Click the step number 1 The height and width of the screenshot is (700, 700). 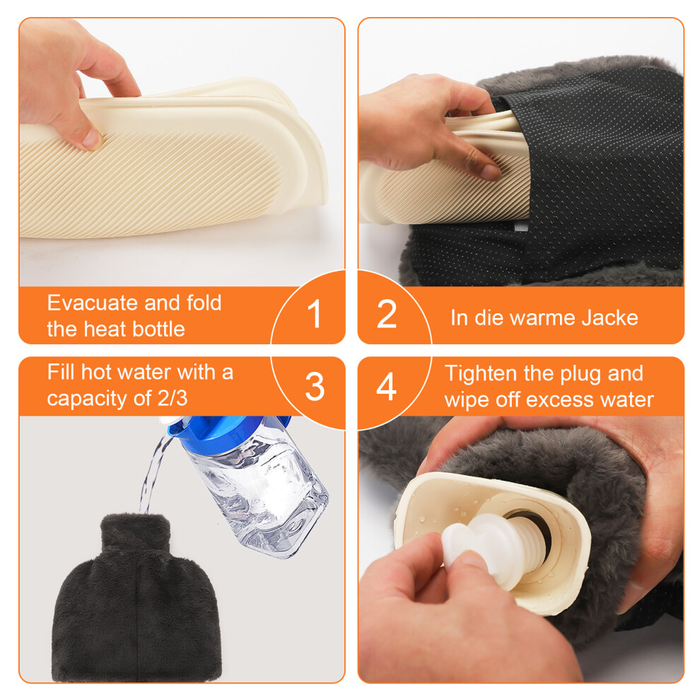315,314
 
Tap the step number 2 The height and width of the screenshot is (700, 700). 387,314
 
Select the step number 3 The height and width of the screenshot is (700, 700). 315,386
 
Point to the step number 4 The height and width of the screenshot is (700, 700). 387,386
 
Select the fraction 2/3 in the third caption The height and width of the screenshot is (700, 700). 173,398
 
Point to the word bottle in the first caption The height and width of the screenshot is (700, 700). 158,329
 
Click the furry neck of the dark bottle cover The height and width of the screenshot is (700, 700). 136,532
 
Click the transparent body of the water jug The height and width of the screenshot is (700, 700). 259,496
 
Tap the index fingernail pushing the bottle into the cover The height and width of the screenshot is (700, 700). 490,173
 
